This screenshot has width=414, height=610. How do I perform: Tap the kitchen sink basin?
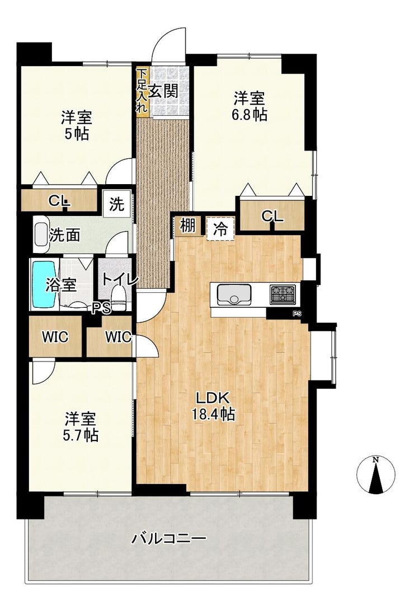pyautogui.click(x=234, y=294)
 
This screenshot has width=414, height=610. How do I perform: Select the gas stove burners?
pyautogui.click(x=283, y=294)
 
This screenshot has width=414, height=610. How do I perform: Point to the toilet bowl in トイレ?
pyautogui.click(x=119, y=298)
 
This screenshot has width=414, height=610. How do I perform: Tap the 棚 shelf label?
pyautogui.click(x=188, y=225)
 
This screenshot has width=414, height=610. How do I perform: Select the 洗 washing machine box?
pyautogui.click(x=116, y=204)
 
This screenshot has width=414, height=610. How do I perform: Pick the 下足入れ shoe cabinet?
pyautogui.click(x=142, y=91)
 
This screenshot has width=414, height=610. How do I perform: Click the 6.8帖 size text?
pyautogui.click(x=250, y=115)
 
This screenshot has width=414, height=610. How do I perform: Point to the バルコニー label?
pyautogui.click(x=169, y=538)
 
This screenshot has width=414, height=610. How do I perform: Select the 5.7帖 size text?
pyautogui.click(x=81, y=435)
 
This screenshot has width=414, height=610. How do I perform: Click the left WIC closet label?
pyautogui.click(x=55, y=337)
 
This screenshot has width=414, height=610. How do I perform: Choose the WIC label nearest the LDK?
pyautogui.click(x=118, y=337)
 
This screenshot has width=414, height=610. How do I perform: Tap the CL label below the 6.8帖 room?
pyautogui.click(x=272, y=216)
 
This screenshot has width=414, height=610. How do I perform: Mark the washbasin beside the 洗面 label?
pyautogui.click(x=41, y=235)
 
